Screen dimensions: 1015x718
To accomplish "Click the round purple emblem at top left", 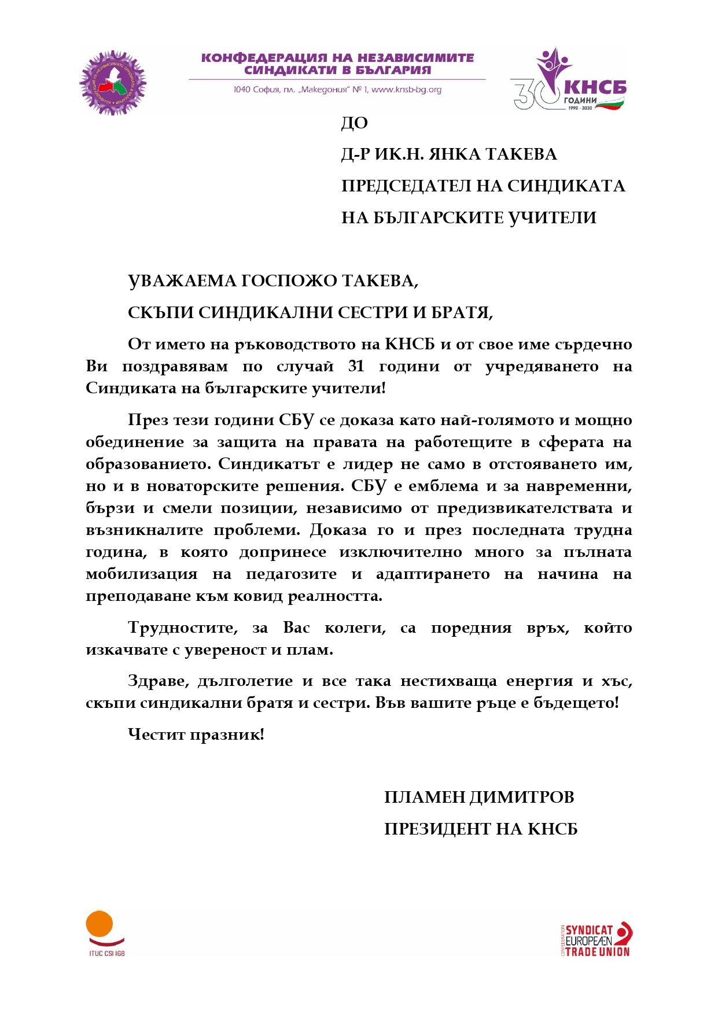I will pos(113,82).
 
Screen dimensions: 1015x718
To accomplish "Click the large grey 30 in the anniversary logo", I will pos(529,94).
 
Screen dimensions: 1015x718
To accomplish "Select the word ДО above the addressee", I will pos(354,123).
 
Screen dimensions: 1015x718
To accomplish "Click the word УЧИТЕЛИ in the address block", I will pos(552,218).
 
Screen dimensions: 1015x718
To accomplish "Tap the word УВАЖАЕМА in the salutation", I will pos(181,281).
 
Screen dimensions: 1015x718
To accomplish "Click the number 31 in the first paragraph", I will pos(356,366).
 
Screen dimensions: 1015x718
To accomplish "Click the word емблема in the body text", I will pos(443,486).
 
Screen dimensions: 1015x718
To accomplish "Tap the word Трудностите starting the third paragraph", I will pos(183,628).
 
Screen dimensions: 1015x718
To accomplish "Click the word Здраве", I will pos(158,681).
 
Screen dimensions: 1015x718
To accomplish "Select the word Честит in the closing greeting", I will pos(156,735).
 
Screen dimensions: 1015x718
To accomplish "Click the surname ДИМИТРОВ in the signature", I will pos(522,797).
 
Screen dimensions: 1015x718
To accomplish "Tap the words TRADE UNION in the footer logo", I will pos(597,951).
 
